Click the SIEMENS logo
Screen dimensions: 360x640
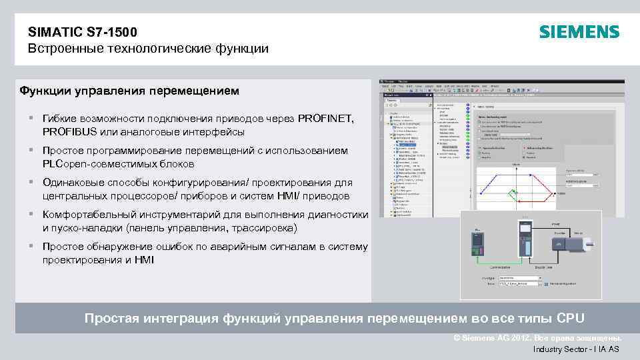579,32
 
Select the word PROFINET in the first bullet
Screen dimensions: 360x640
326,119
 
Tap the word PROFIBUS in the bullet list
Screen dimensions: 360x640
70,131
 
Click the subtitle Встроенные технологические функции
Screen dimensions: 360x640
148,49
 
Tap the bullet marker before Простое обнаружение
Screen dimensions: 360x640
31,247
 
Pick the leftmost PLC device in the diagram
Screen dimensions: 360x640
477,243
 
